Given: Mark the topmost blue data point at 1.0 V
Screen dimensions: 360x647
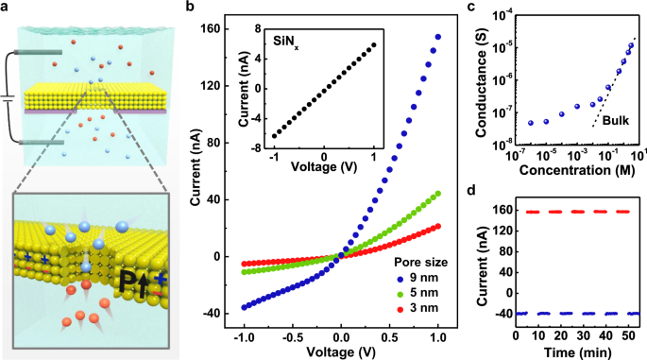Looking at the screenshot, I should pyautogui.click(x=438, y=37).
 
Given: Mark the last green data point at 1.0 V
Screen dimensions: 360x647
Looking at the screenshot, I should pyautogui.click(x=438, y=195).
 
